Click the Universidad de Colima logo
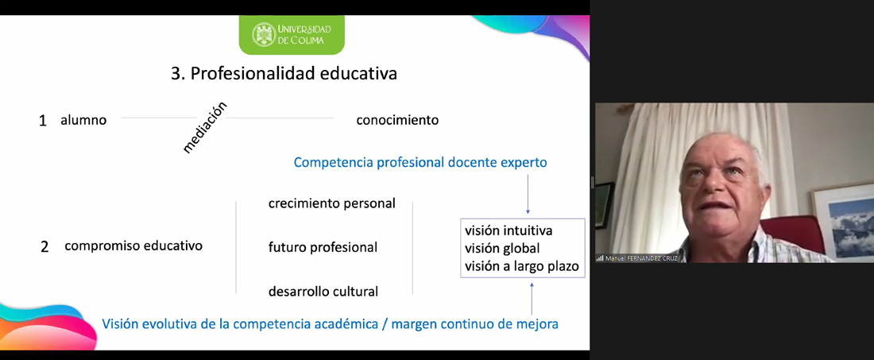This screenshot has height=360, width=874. coord(292,34)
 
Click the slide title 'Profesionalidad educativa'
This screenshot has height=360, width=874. coord(294,74)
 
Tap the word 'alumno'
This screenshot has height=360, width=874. coord(83,120)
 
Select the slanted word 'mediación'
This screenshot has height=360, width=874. coord(205,128)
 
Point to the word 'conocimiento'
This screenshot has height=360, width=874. coord(397,120)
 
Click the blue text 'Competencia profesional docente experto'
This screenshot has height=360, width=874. coord(420,163)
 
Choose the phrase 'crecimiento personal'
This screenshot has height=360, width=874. coord(332,203)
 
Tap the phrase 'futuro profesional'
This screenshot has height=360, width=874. coord(323,247)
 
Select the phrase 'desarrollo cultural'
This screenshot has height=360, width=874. coord(323,291)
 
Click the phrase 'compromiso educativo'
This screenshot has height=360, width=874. coord(133,246)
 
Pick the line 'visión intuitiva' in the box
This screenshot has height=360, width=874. coord(509,230)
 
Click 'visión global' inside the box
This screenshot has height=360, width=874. coord(502,248)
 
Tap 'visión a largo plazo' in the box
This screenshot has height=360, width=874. coord(522,266)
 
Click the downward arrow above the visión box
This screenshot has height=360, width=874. coord(528,193)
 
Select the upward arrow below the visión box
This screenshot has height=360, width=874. coord(532,299)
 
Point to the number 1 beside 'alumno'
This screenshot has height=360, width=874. coord(43,121)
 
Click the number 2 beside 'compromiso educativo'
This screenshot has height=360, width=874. coord(44,247)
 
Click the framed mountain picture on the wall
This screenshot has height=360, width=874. coord(845,221)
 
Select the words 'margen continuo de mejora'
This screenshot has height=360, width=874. coord(475,323)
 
